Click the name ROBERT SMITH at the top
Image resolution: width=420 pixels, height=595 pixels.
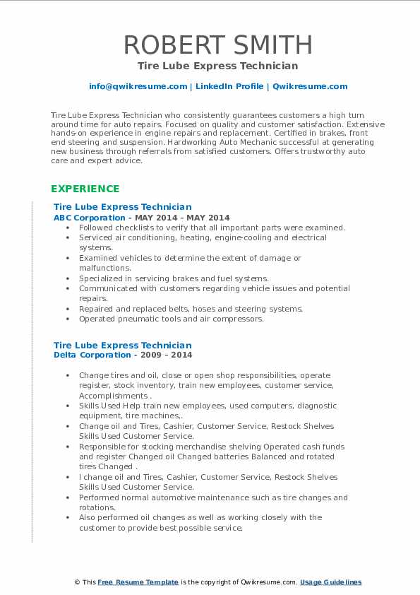(217, 45)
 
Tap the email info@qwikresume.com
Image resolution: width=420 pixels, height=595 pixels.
(138, 86)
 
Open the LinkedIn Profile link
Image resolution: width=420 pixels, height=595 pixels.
(229, 86)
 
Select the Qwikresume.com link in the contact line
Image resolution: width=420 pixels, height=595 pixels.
(310, 86)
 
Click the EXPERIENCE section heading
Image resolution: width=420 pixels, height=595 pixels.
(85, 189)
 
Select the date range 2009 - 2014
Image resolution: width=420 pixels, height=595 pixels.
(166, 355)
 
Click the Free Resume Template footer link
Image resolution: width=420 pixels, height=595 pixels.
(138, 582)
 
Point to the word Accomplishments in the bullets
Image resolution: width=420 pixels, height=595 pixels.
(113, 396)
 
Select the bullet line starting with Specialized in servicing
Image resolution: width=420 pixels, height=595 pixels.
(174, 278)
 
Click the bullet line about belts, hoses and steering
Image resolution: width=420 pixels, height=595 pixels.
(191, 309)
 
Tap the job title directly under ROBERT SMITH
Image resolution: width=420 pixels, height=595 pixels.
(217, 66)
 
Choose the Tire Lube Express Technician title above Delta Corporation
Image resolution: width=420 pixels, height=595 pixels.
(123, 346)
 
